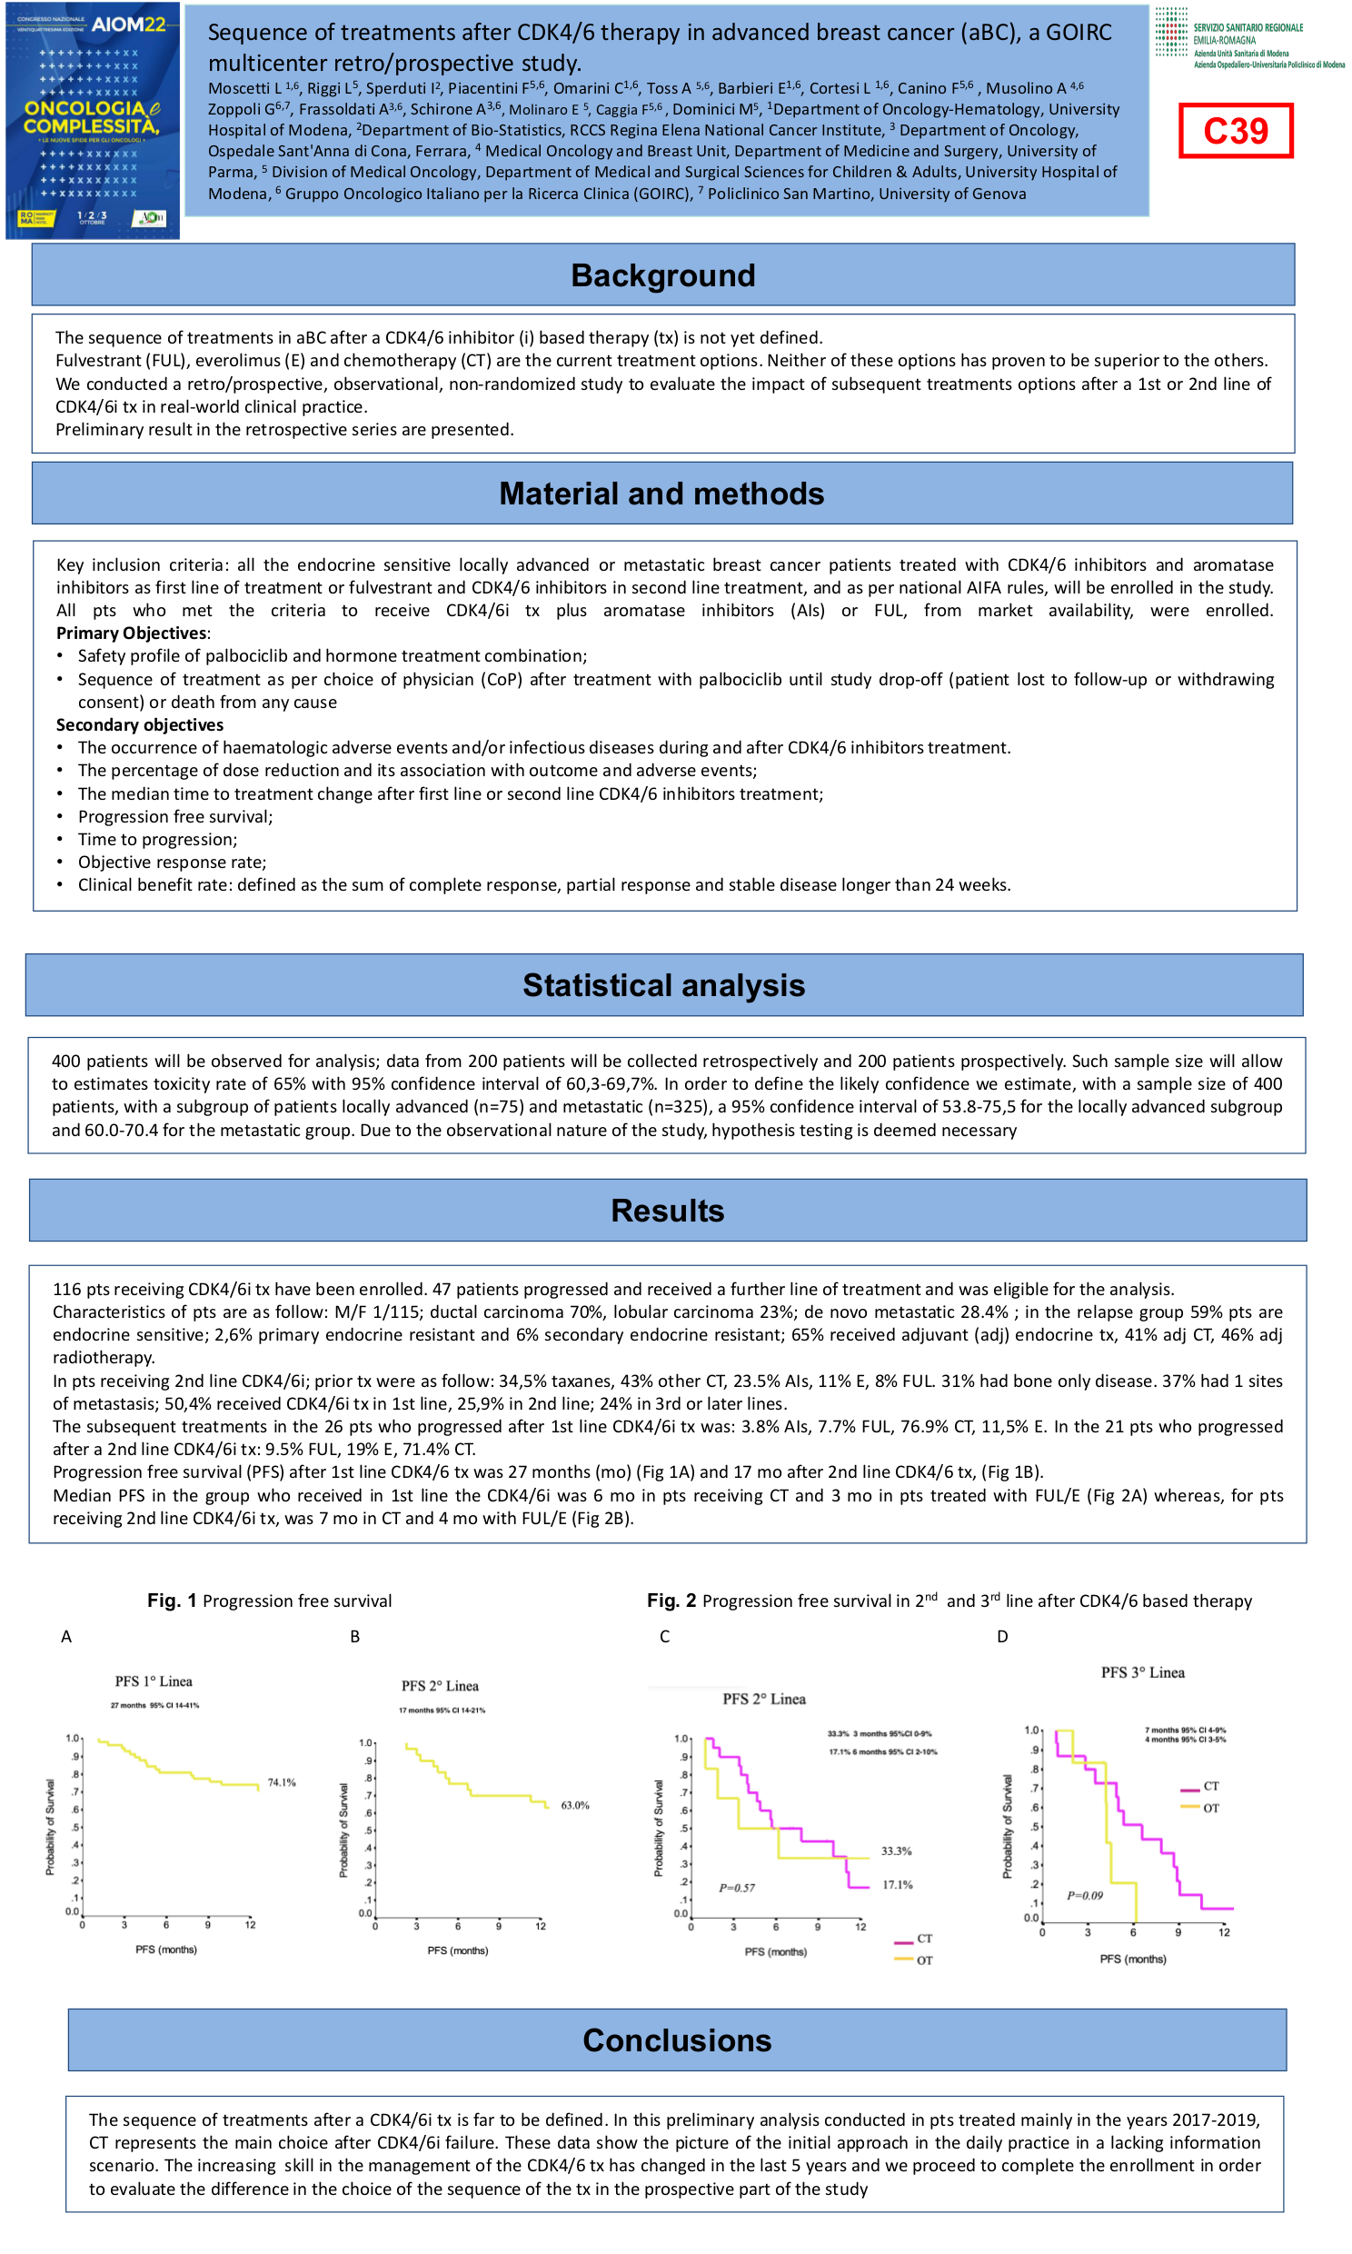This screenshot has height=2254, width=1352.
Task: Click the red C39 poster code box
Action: tap(1235, 130)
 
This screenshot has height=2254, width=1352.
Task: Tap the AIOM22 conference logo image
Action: tap(92, 120)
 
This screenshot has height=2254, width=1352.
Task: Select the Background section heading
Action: tap(662, 275)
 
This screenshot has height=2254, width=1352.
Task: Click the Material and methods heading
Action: tap(661, 493)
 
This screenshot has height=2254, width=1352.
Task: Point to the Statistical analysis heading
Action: tap(663, 985)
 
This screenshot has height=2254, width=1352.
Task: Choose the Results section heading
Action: tap(667, 1210)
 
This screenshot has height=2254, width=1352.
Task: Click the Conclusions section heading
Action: tap(677, 2040)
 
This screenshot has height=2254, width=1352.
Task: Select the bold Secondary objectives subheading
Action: tap(139, 724)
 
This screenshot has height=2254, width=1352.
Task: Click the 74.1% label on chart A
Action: tap(282, 1782)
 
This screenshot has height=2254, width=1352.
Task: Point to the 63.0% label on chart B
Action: tap(575, 1805)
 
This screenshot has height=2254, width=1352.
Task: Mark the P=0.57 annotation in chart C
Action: tap(736, 1888)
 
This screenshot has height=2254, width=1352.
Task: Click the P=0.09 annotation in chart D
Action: tap(1084, 1895)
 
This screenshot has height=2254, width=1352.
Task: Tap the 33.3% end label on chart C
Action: tap(896, 1850)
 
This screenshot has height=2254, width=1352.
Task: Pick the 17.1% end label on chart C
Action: tap(897, 1884)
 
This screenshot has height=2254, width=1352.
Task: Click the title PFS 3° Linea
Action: tap(1142, 1671)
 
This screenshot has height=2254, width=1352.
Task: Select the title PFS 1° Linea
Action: tap(153, 1681)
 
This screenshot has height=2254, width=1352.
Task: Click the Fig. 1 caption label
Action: tap(173, 1601)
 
